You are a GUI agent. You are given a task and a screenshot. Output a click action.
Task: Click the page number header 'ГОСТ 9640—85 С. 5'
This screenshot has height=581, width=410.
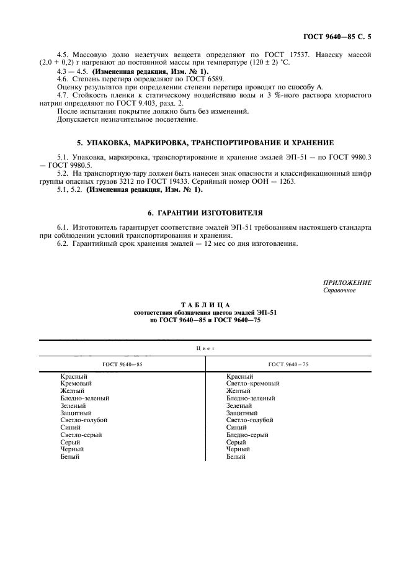click(x=339, y=37)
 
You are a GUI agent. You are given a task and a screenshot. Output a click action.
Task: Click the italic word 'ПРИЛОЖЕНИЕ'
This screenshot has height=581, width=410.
click(x=347, y=283)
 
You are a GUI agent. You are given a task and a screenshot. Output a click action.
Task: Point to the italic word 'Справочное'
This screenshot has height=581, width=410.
click(x=339, y=290)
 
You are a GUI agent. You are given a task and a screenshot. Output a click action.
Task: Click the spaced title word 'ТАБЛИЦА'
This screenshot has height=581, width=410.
click(x=205, y=305)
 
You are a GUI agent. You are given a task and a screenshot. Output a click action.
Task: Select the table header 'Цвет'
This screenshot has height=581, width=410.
click(x=205, y=349)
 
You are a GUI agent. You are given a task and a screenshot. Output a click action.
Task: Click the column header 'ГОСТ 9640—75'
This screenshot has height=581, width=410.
click(x=288, y=364)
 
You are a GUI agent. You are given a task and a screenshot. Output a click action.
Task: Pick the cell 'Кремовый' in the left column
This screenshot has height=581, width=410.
click(x=76, y=384)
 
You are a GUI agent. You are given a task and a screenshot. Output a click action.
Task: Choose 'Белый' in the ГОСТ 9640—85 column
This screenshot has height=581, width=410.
click(x=70, y=457)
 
